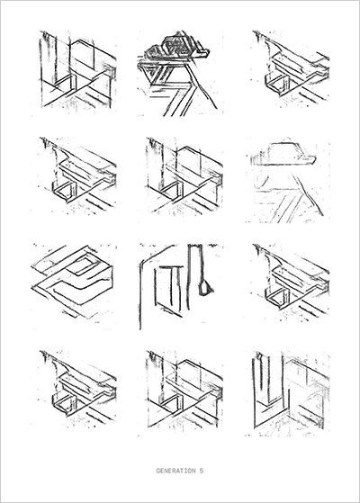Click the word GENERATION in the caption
(x=175, y=471)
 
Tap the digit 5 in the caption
(x=202, y=471)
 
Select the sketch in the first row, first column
(x=77, y=69)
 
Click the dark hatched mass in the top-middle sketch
(x=176, y=47)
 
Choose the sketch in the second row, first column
(x=77, y=175)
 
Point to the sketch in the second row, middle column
(x=184, y=175)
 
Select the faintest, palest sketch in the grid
(x=287, y=182)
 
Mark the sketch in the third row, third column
(x=291, y=283)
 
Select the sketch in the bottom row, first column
(x=77, y=388)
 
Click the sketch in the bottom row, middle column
(x=184, y=389)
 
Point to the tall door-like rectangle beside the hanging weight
(x=166, y=287)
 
